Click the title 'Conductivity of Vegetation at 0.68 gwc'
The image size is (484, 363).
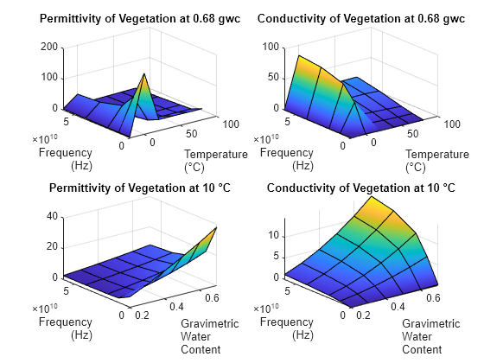(x=361, y=18)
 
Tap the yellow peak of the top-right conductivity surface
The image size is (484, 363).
(x=300, y=58)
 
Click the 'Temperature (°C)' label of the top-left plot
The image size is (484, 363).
(x=216, y=161)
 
